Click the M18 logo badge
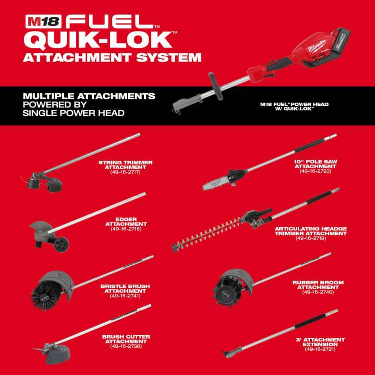coord(43,21)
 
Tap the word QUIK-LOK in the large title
coord(97,40)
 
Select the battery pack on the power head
coord(340,40)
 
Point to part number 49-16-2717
coord(125,172)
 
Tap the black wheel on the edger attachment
coord(61,244)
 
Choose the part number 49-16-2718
coord(126,229)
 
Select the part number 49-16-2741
coord(125,296)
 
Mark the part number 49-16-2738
coord(126,346)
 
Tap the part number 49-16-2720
coord(315,171)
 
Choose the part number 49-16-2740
coord(318,292)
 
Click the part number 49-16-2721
coord(320,349)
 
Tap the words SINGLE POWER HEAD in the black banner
coord(73,113)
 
